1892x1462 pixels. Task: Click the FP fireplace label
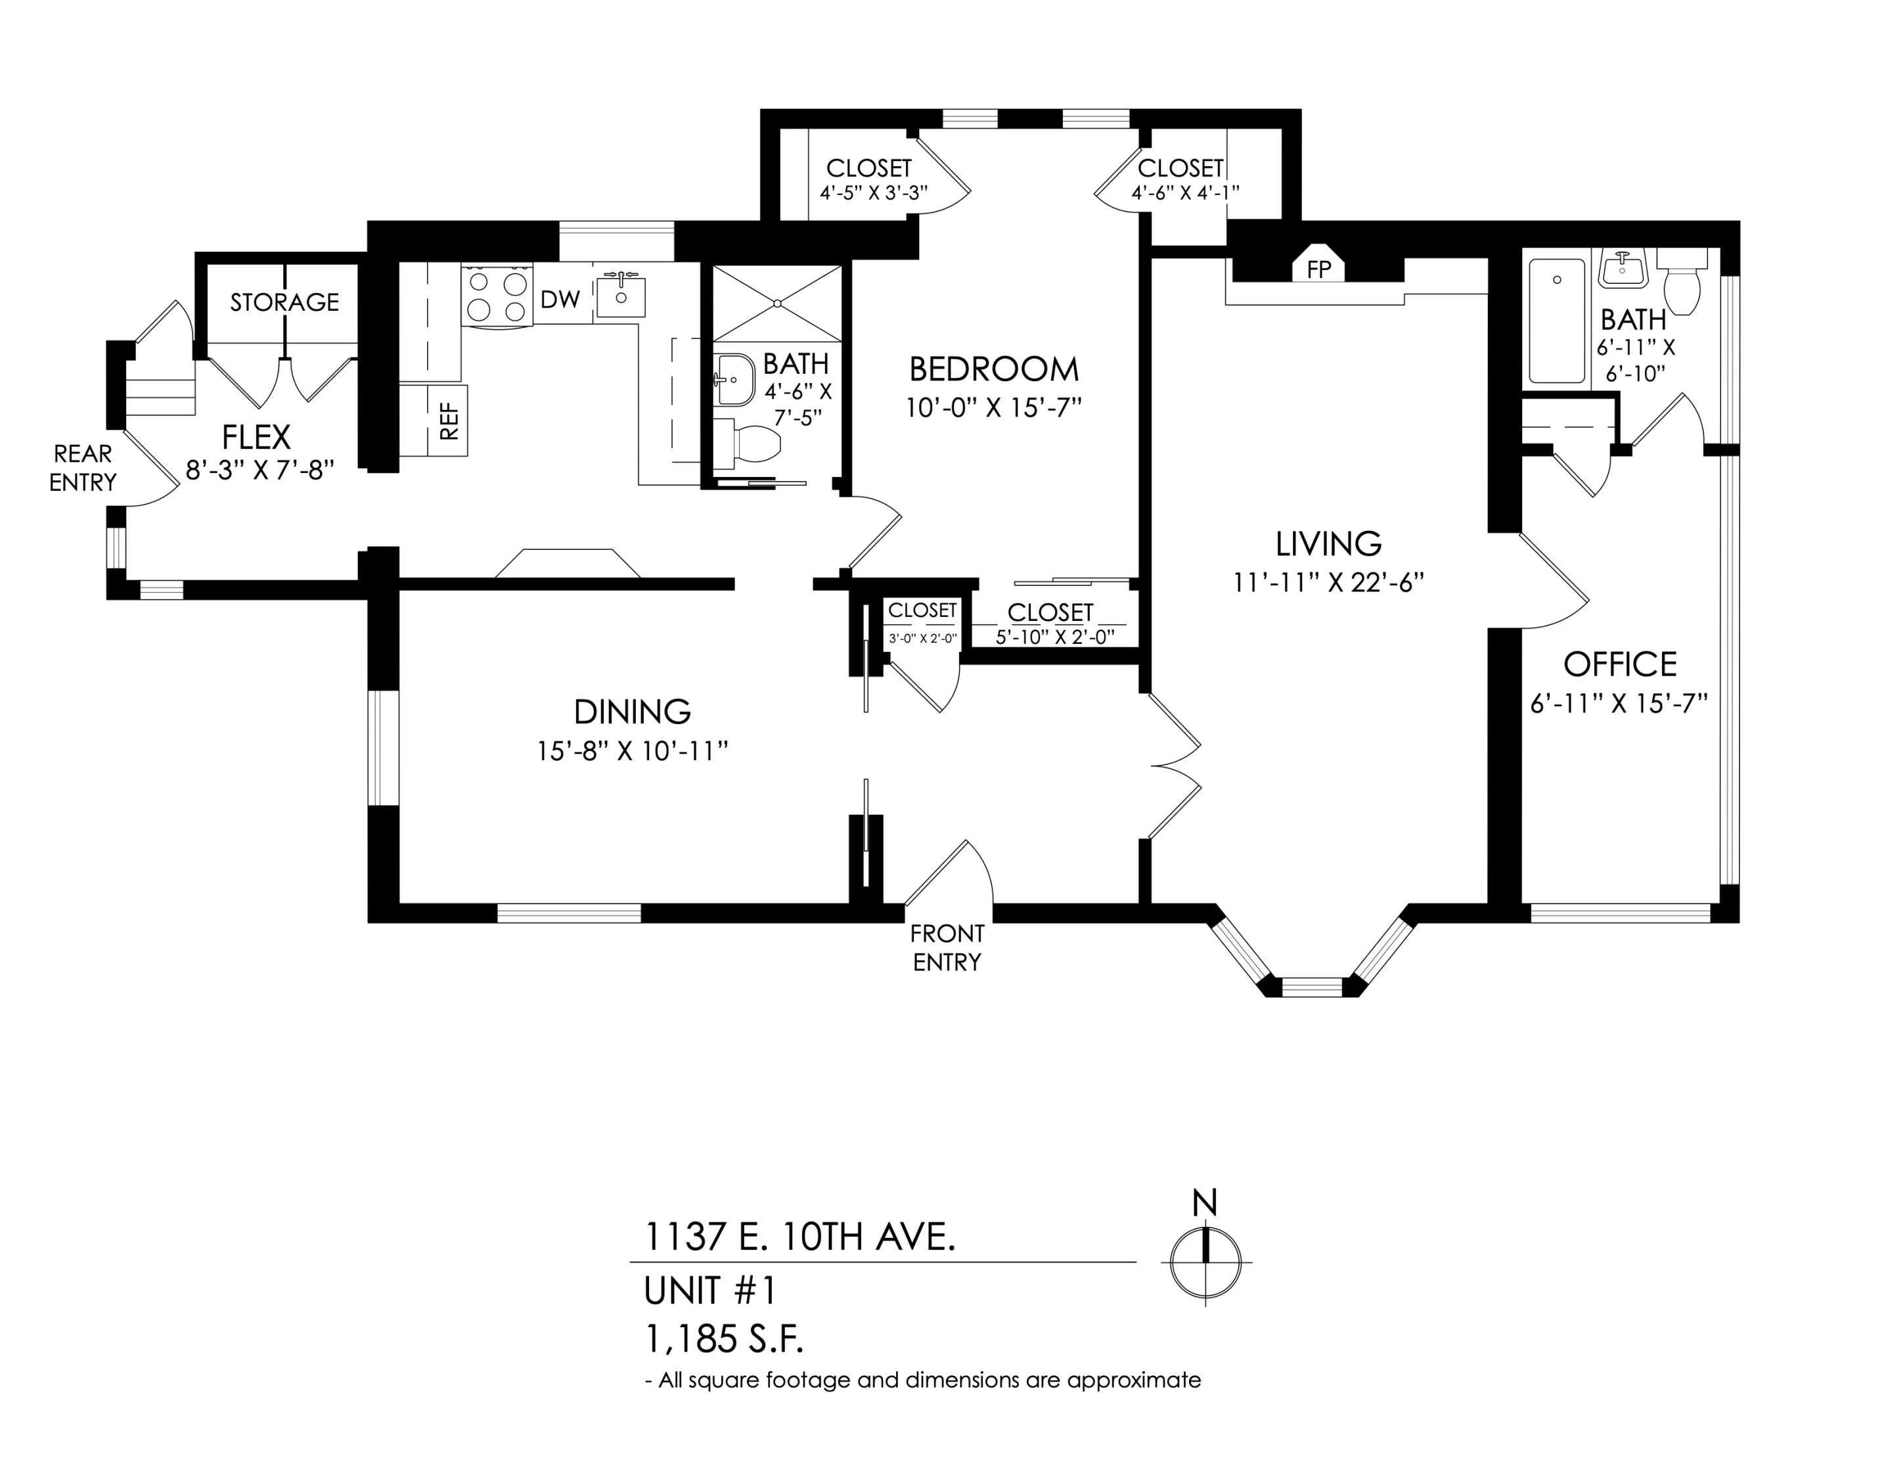(1318, 269)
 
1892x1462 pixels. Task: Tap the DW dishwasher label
(560, 300)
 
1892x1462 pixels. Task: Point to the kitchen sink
(621, 294)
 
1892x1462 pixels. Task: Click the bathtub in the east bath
(1557, 321)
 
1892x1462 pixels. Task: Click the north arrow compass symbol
(1205, 1262)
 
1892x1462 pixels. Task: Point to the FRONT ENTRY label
(947, 948)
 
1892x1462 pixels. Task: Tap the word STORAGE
(284, 302)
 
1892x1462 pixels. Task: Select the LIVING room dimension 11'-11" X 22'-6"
(1329, 582)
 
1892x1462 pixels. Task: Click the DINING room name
(633, 712)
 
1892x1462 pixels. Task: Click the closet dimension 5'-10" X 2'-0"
(1054, 636)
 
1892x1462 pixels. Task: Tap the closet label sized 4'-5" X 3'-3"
(869, 168)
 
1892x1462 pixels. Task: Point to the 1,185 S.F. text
(724, 1340)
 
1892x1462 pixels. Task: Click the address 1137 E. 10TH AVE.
(800, 1237)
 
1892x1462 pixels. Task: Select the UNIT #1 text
(710, 1291)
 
